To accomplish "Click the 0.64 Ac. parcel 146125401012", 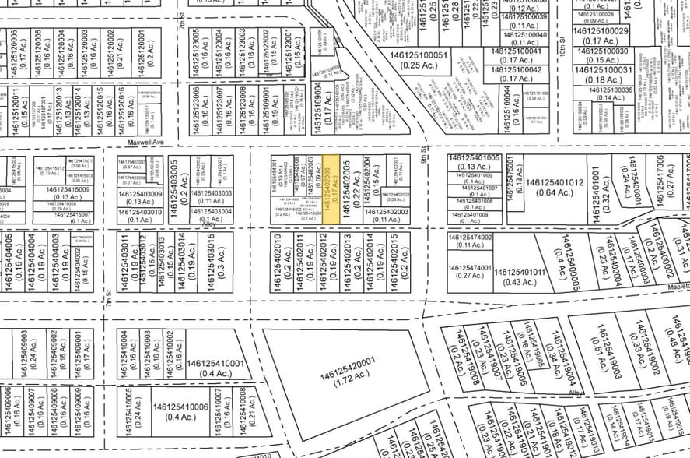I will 555,188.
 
